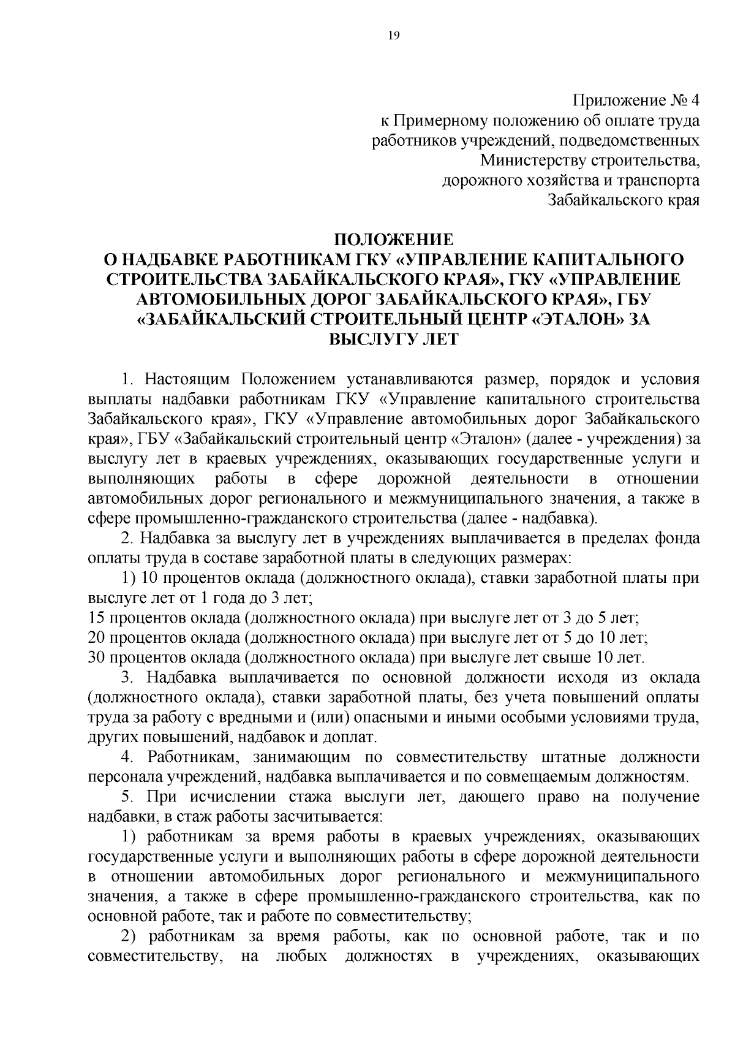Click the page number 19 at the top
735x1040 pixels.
pos(393,36)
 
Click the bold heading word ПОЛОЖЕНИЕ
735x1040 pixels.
pos(393,238)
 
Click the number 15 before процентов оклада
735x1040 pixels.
pos(96,618)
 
